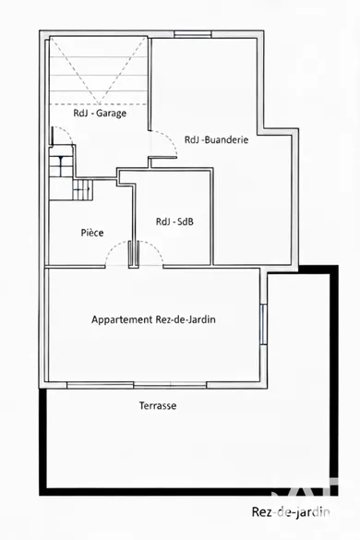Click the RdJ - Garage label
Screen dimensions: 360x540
click(100, 113)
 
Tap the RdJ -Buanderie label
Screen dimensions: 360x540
click(216, 139)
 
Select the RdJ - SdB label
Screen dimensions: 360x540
click(174, 222)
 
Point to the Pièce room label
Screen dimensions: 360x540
click(92, 233)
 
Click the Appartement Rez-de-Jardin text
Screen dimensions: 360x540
click(153, 319)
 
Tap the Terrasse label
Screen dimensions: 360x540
click(158, 405)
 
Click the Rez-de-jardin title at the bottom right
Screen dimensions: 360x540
click(291, 511)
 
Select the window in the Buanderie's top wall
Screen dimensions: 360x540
click(193, 34)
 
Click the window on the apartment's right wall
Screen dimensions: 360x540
click(263, 324)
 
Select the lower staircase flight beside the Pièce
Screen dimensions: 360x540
click(83, 189)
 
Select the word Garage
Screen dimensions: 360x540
click(112, 114)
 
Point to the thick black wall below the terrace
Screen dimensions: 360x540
click(188, 492)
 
